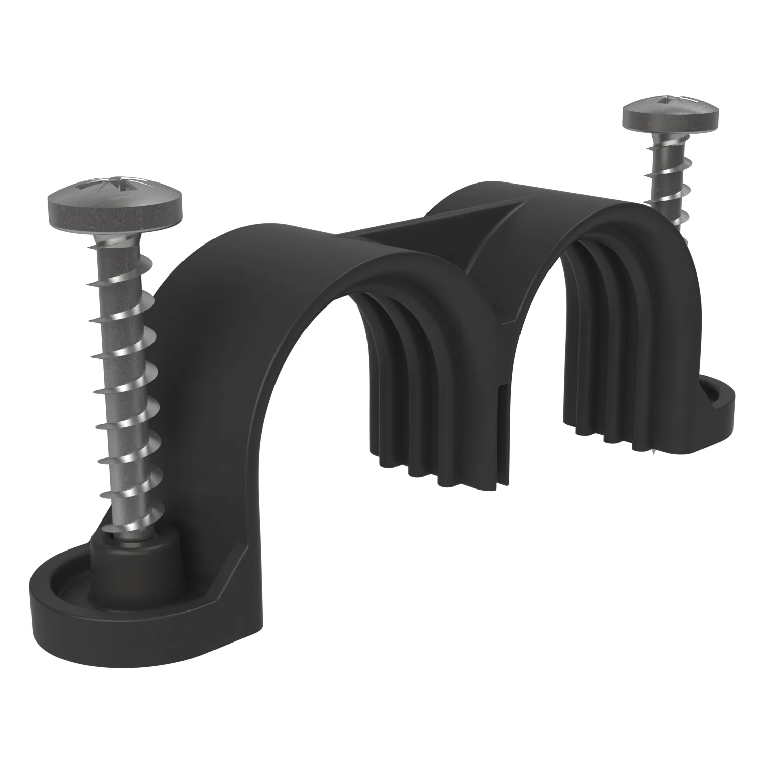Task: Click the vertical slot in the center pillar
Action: click(x=502, y=422)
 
